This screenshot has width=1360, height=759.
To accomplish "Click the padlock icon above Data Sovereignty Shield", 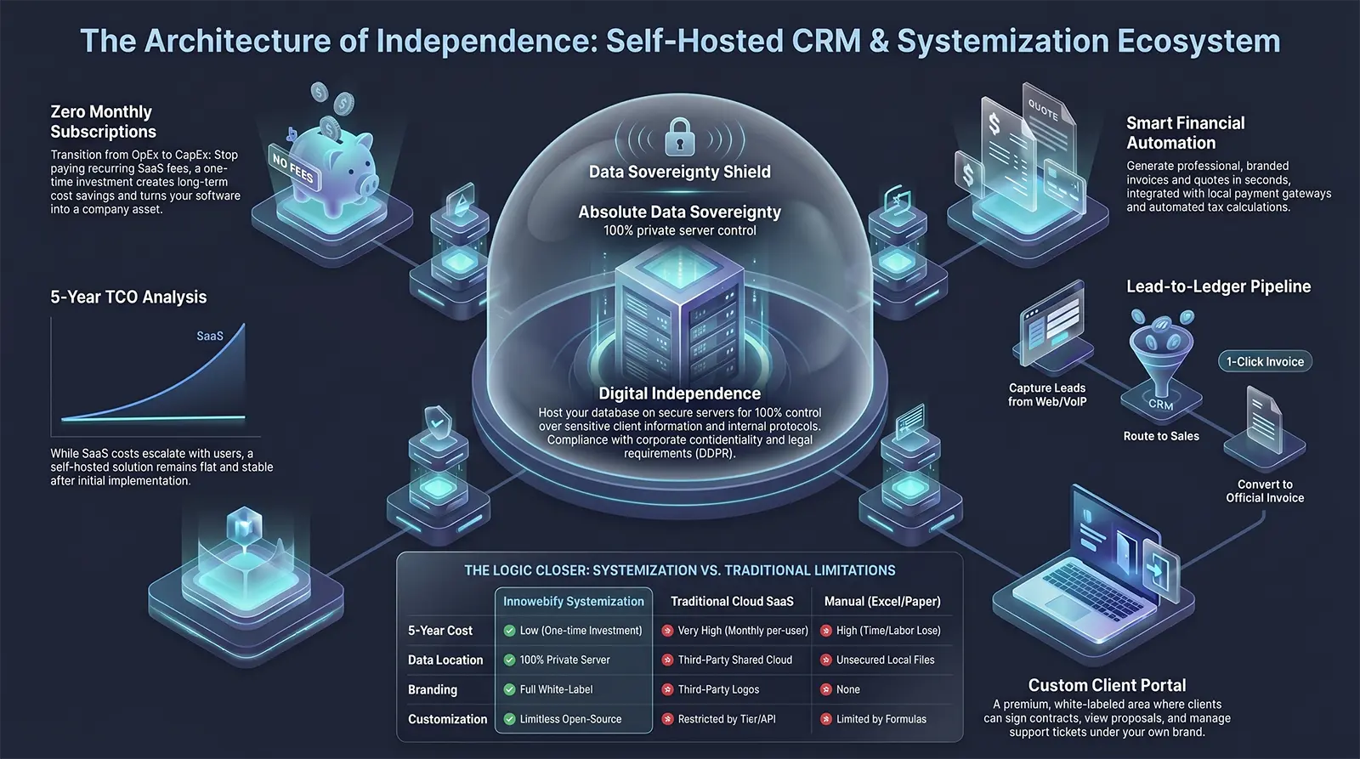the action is [679, 137].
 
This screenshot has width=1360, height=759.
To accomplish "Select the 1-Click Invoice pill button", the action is [1265, 361].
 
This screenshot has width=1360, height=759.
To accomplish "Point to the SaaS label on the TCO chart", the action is [209, 336].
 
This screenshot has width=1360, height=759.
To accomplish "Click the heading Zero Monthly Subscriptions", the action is [103, 122].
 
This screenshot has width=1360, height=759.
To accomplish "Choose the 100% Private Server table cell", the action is [564, 660].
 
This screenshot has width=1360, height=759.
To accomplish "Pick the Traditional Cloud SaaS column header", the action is [732, 601].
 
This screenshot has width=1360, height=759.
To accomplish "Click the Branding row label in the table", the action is [433, 689].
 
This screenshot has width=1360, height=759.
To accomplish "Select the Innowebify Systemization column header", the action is [573, 601].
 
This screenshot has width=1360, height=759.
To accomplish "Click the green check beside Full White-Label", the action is [509, 689].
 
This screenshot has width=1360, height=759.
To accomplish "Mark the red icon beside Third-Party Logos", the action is [667, 689].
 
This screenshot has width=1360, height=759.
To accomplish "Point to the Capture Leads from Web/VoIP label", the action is [1047, 394].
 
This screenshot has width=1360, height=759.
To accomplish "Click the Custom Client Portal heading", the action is [1107, 685].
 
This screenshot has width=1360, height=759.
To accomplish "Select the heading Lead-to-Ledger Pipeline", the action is [1219, 286].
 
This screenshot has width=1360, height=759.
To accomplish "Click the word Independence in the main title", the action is [475, 41].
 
